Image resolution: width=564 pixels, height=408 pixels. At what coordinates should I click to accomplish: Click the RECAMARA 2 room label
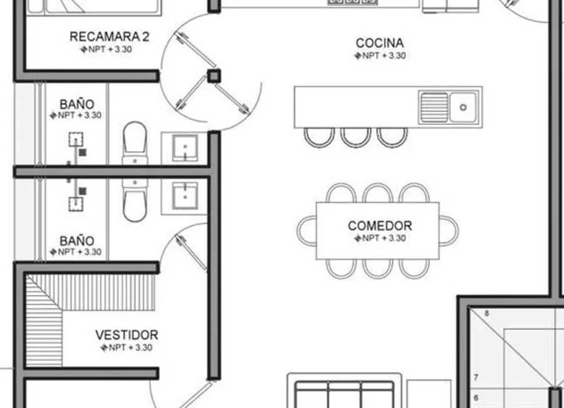pyautogui.click(x=110, y=37)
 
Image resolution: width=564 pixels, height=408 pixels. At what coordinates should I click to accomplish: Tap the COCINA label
pyautogui.click(x=380, y=43)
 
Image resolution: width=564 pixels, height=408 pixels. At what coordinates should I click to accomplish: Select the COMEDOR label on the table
pyautogui.click(x=380, y=226)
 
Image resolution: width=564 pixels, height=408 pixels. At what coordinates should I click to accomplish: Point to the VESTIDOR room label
pyautogui.click(x=127, y=335)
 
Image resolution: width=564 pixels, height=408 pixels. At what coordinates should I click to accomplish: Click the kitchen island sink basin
pyautogui.click(x=464, y=107)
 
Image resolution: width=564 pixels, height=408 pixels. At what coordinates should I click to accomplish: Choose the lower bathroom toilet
pyautogui.click(x=135, y=200)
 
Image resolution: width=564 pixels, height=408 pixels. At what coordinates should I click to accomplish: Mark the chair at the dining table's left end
pyautogui.click(x=306, y=230)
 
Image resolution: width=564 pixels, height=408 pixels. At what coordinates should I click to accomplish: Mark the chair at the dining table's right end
pyautogui.click(x=449, y=230)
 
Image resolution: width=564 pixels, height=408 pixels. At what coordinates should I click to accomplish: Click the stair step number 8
pyautogui.click(x=486, y=314)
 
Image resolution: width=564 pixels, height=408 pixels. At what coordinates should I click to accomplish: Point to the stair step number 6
pyautogui.click(x=476, y=398)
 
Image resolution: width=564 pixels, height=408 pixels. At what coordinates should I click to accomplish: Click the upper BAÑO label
pyautogui.click(x=77, y=104)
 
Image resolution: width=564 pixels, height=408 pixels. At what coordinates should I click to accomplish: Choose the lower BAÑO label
pyautogui.click(x=77, y=240)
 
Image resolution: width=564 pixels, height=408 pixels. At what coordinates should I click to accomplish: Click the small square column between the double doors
pyautogui.click(x=214, y=76)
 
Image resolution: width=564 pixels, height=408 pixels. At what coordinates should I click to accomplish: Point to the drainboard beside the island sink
pyautogui.click(x=434, y=107)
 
